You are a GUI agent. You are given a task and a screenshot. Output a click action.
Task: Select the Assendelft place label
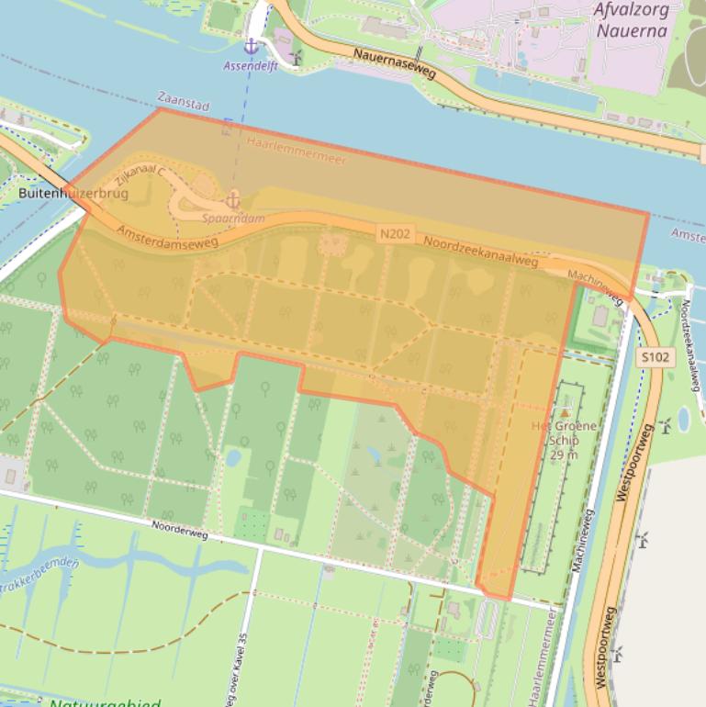[250, 66]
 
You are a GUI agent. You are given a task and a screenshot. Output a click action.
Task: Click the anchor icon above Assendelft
[251, 46]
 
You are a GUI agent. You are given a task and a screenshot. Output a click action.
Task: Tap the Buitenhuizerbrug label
[73, 194]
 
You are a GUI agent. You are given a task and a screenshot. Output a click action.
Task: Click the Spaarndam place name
[233, 219]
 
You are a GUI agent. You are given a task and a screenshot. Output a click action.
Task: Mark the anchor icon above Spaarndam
[233, 199]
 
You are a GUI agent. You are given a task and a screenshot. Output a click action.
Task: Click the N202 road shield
[394, 234]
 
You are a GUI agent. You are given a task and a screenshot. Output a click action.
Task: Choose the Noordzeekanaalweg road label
[480, 252]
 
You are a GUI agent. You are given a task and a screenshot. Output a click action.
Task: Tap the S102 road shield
[656, 357]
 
